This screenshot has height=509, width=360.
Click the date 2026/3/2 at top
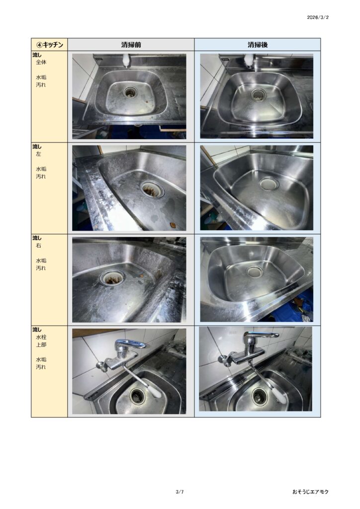pos(317,17)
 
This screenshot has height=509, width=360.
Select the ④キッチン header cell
pos(49,44)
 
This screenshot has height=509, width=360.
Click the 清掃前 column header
pos(131,44)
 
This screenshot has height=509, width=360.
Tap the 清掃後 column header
pos(258,44)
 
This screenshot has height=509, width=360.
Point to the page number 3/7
pos(180,492)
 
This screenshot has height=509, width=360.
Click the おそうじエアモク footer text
pos(310,492)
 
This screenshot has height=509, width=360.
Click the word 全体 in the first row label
pos(41,62)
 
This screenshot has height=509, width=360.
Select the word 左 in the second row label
pos(38,154)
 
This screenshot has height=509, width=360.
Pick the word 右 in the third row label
pos(38,246)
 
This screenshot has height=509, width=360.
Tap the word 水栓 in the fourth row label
pos(41,338)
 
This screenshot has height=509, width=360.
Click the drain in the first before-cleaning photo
pos(130,92)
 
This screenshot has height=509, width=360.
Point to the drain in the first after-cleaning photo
pos(259,95)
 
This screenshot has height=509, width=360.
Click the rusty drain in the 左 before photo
pos(152,188)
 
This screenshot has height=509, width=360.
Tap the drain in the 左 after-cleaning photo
pos(269,184)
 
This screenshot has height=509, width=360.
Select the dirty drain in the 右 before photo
pos(112,278)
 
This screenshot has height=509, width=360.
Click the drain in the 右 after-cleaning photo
pos(255,271)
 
